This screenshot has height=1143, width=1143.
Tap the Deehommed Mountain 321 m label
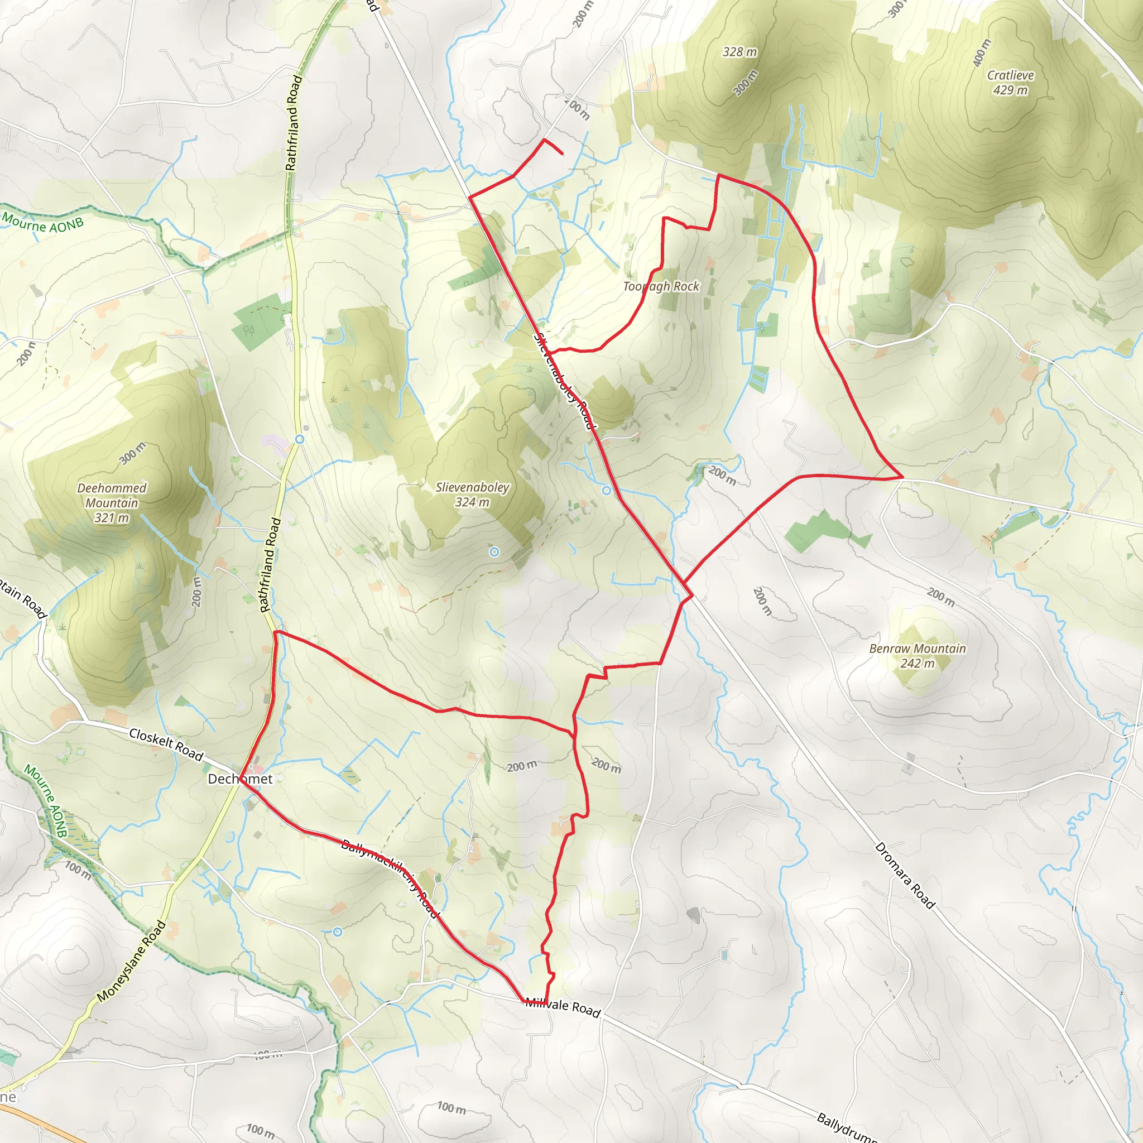pos(112,503)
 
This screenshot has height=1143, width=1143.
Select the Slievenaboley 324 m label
pos(472,494)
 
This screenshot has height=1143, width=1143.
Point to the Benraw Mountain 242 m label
pos(917,656)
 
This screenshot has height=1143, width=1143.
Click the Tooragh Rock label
pos(661,287)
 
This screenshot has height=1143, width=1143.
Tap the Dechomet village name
pos(240,779)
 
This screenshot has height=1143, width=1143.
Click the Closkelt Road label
pos(166,745)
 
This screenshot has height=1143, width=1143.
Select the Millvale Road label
pos(563,1006)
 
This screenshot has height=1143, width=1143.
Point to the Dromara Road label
pos(905,876)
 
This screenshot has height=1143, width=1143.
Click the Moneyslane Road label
pos(131,962)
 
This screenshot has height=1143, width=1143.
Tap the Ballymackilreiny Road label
pos(391,878)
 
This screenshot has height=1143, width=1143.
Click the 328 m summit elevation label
pos(739,52)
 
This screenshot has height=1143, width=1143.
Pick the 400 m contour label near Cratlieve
pos(982,53)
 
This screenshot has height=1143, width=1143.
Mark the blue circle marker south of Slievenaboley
pos(494,552)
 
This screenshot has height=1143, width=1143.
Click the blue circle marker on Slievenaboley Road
pos(607,491)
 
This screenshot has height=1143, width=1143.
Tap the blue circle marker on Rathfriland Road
pos(300,439)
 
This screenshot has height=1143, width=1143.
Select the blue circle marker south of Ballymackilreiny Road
pos(337,932)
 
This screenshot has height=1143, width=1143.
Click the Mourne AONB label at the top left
pos(42,223)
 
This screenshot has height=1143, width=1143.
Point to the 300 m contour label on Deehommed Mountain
pos(132,454)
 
